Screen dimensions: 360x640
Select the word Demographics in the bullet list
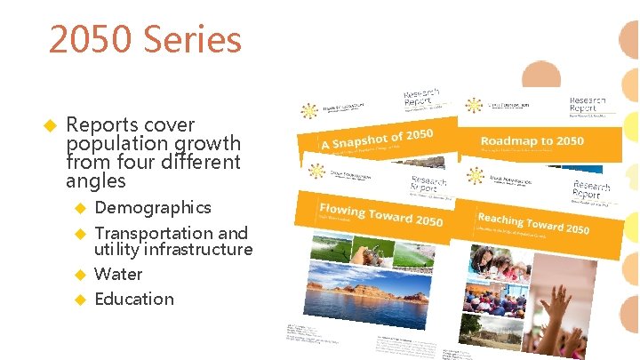pos(153,207)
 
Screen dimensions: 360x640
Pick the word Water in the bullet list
pos(118,274)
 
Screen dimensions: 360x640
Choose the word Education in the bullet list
pos(134,299)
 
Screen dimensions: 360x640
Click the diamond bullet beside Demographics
pos(79,208)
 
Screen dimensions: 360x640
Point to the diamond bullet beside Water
pos(79,275)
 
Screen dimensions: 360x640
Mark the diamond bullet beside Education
pos(79,300)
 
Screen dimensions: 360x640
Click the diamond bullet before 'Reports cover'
pos(51,125)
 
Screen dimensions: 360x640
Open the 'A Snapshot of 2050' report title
pos(378,140)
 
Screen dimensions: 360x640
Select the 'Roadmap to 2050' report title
pos(532,140)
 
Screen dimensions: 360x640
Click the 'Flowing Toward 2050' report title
pos(380,214)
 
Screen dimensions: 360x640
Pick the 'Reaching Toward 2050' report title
pos(532,222)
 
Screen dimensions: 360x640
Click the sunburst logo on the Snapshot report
pos(309,111)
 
